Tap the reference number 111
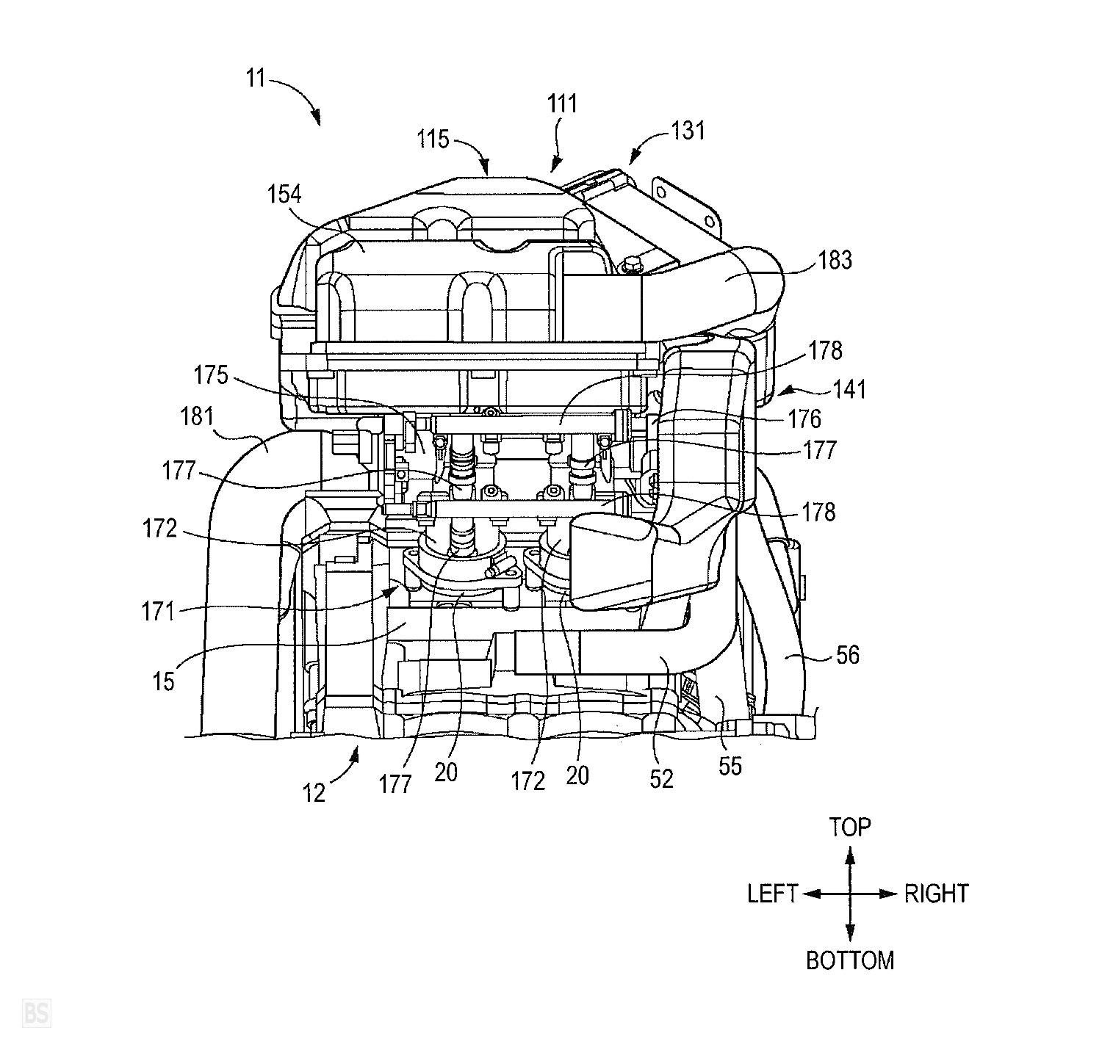point(562,104)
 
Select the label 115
point(433,139)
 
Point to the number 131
point(688,131)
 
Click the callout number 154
point(284,195)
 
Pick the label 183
point(835,261)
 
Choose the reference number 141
point(850,389)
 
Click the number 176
point(804,419)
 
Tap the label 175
point(211,375)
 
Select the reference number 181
point(197,417)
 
